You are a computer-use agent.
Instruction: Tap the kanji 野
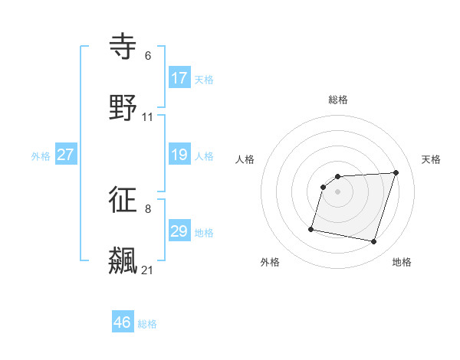[123, 108]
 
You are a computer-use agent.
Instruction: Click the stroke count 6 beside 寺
[148, 56]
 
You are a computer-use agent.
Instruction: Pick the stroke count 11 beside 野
[148, 117]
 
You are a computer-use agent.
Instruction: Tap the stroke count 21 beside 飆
[148, 270]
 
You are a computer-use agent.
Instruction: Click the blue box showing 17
[179, 78]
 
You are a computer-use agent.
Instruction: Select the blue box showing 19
[179, 155]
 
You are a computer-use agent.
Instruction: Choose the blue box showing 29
[179, 231]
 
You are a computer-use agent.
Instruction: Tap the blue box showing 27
[66, 155]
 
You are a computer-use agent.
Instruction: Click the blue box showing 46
[123, 322]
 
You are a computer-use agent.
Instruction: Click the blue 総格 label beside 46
[147, 324]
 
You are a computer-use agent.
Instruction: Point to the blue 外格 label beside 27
[41, 156]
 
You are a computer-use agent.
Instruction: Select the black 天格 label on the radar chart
[431, 159]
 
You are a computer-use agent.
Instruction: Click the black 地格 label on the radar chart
[402, 262]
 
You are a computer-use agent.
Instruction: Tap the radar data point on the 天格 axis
[396, 172]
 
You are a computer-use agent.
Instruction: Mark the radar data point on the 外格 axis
[311, 228]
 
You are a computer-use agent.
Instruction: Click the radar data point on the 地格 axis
[374, 242]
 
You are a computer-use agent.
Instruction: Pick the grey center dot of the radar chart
[338, 191]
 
